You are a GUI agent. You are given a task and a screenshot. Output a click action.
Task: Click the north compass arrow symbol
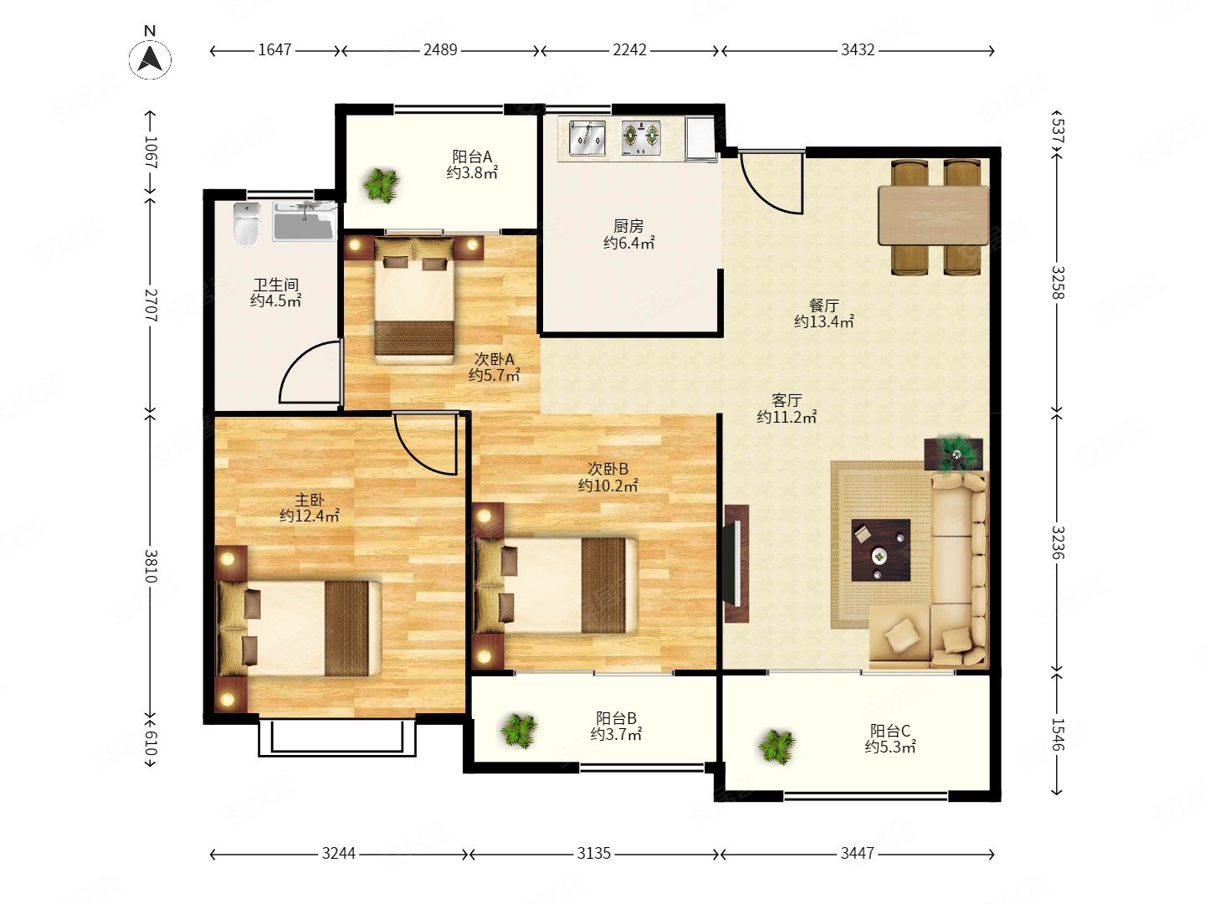point(150,59)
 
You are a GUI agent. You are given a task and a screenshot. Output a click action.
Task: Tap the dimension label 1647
point(274,50)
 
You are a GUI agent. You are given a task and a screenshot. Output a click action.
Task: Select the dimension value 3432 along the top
point(858,50)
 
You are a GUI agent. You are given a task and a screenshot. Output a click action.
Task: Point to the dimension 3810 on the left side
point(151,565)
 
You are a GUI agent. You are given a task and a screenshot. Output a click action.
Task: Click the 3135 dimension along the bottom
point(593,854)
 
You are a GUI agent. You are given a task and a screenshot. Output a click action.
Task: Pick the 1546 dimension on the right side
point(1058,734)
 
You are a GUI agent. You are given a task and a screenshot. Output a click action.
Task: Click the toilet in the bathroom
point(247,224)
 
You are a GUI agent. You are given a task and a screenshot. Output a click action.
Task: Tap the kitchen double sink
point(587,139)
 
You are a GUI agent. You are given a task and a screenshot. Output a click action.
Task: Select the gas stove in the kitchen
point(641,138)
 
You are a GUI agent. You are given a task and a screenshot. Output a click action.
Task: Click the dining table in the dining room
point(933,215)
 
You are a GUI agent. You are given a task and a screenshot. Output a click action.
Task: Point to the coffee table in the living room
point(880,550)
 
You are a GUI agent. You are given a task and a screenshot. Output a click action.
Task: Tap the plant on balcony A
point(381,185)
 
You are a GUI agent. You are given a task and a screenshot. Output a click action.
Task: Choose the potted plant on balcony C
point(777,747)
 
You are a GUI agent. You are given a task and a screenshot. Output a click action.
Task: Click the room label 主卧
point(309,500)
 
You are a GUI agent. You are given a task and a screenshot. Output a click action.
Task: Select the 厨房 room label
point(628,226)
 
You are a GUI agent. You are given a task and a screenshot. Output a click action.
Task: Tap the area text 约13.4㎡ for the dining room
point(823,321)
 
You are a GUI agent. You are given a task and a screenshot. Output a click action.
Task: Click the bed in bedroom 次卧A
point(414,300)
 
